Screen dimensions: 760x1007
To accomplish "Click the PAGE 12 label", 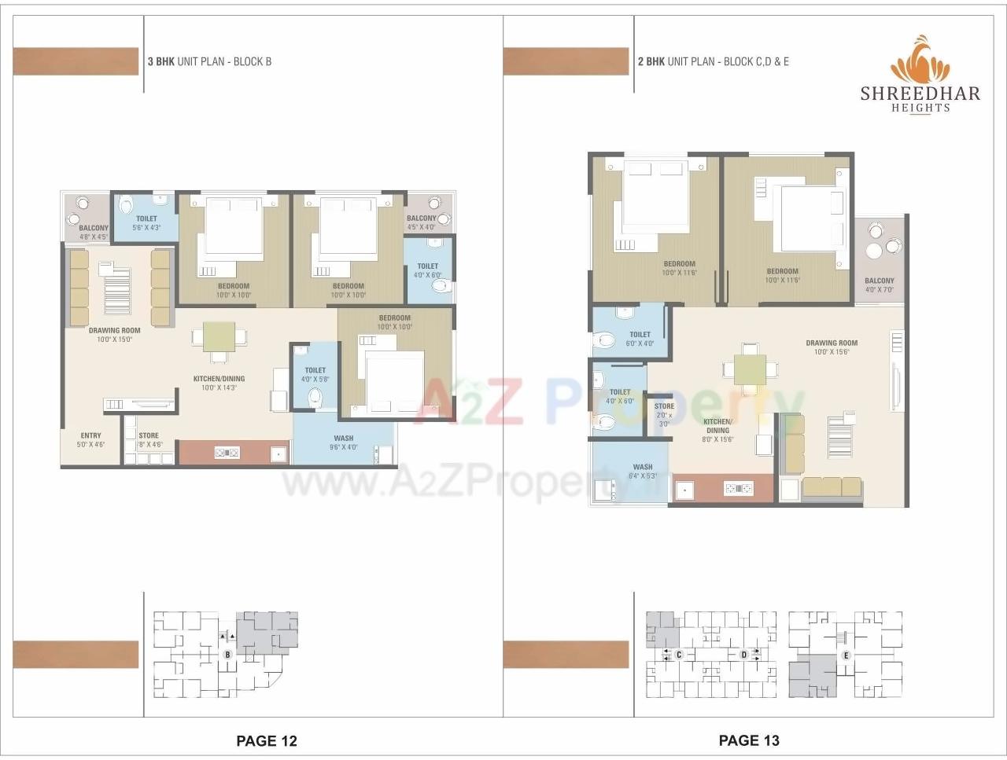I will [267, 740].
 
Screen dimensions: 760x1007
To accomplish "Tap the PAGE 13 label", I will [749, 740].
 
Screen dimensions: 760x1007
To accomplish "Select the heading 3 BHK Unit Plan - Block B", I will [209, 61].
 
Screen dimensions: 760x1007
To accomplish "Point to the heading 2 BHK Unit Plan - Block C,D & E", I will [713, 61].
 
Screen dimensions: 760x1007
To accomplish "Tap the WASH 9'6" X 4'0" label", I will [344, 442].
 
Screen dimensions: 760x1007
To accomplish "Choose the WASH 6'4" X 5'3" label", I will [643, 471].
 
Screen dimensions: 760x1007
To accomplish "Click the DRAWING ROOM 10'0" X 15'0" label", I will [115, 335].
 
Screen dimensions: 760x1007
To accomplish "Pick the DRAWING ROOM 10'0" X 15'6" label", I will [832, 347].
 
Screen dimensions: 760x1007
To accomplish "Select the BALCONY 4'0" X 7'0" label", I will [880, 285].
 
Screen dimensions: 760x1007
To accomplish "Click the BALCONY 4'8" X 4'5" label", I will [94, 232].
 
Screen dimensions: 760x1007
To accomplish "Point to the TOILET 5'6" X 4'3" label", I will [146, 223].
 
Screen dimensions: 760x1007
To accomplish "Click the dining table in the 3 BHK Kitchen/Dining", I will [219, 337].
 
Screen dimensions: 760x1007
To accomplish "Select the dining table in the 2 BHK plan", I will [750, 368].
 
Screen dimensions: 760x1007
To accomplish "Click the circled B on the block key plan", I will [227, 654].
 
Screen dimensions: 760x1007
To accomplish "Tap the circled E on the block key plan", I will [847, 655].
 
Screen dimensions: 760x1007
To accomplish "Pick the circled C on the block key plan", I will [679, 654].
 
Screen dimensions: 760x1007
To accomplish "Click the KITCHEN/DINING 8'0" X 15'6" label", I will [717, 430].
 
